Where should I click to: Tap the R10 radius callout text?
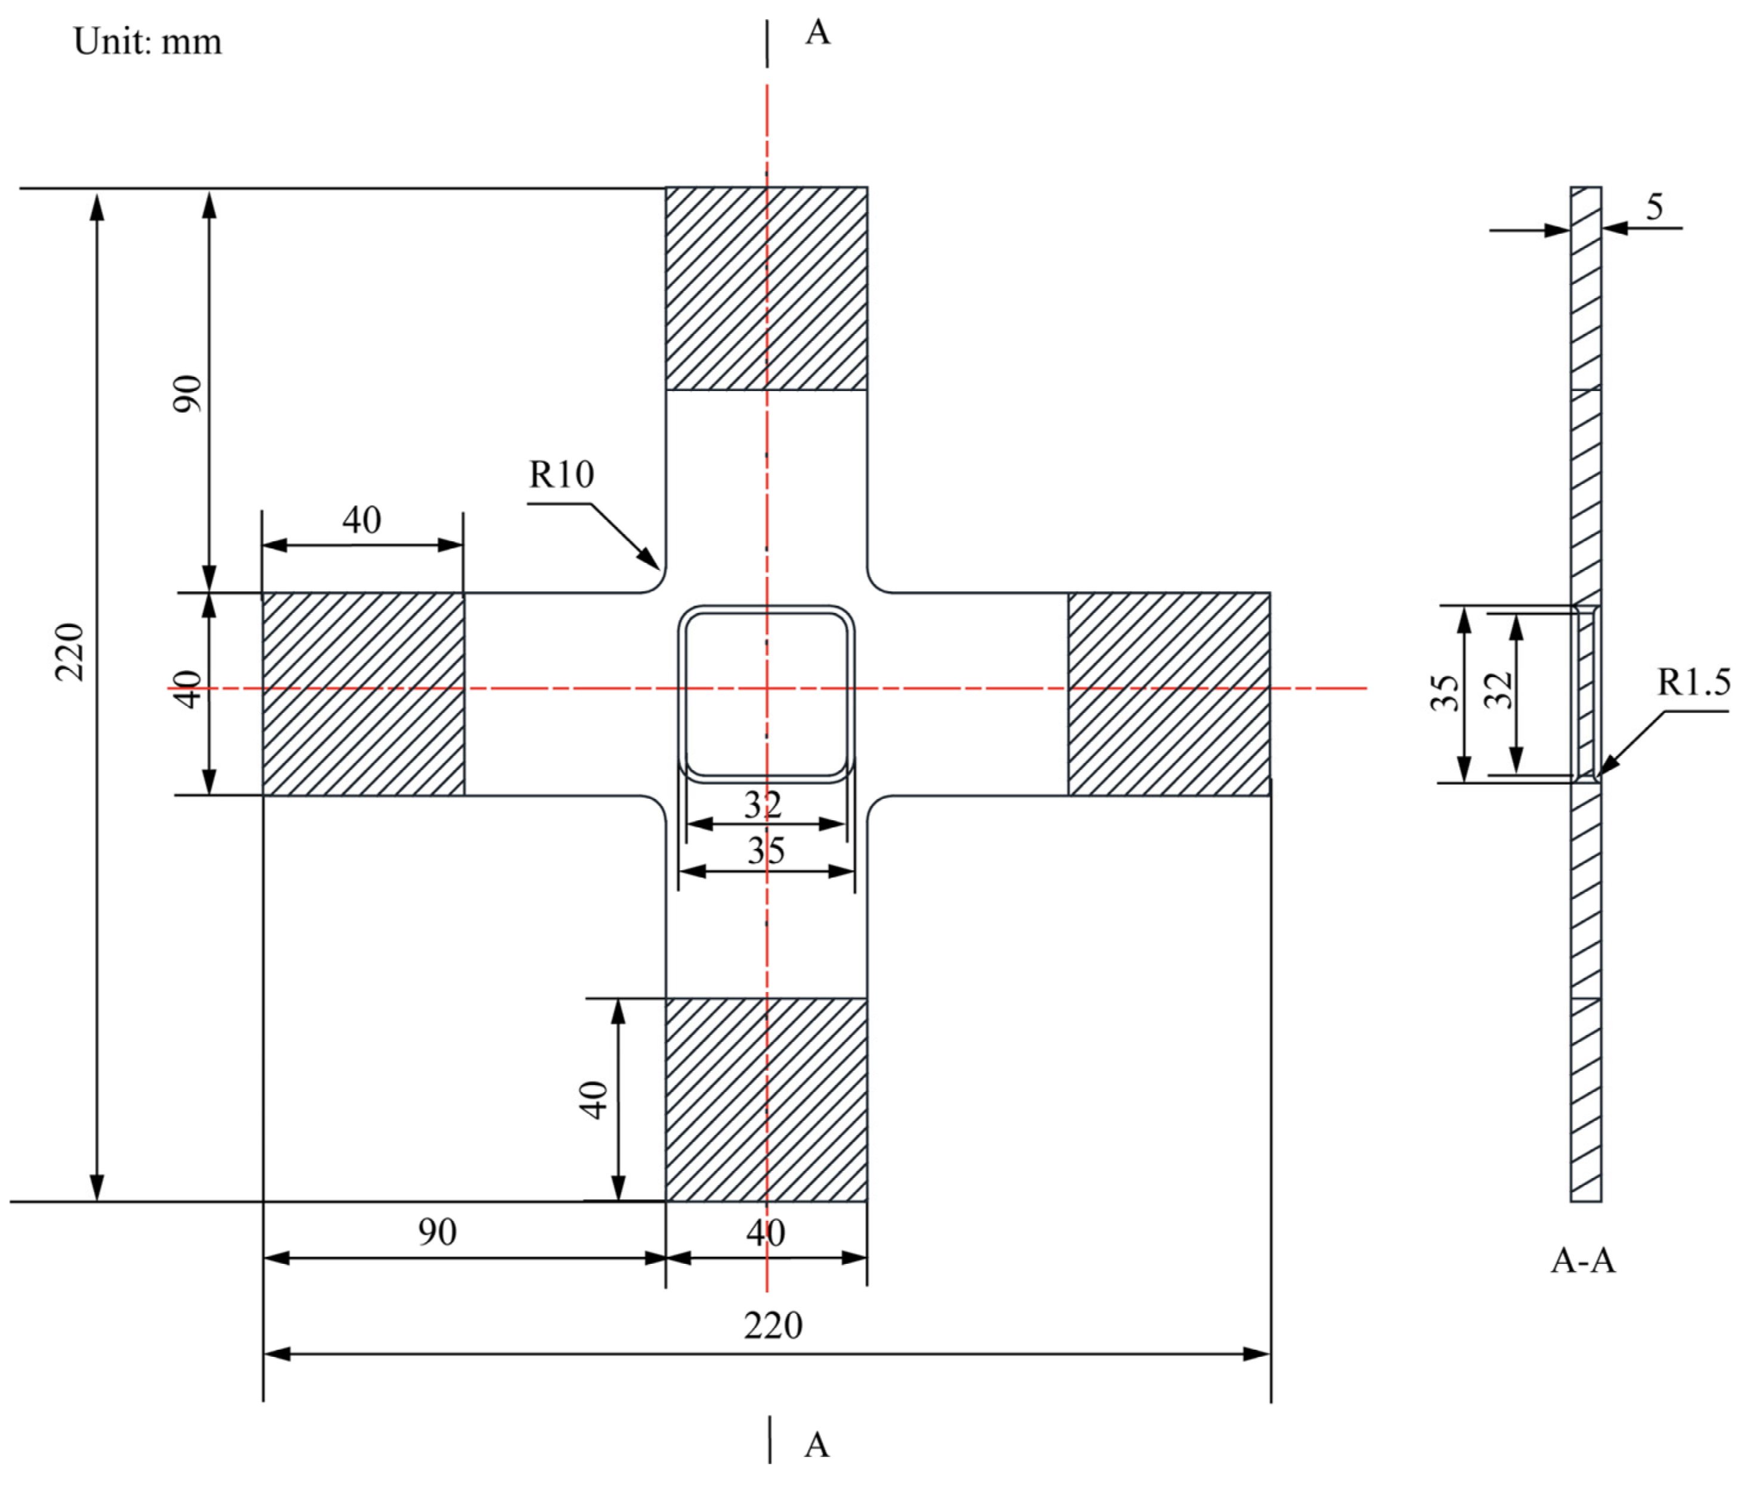pyautogui.click(x=561, y=475)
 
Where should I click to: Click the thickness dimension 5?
pyautogui.click(x=1654, y=207)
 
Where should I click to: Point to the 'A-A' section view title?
pyautogui.click(x=1583, y=1261)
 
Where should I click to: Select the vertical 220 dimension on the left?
pyautogui.click(x=70, y=652)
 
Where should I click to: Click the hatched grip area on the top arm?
pyautogui.click(x=766, y=289)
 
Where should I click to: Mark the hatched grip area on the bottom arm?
pyautogui.click(x=766, y=1100)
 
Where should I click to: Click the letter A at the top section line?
pyautogui.click(x=817, y=33)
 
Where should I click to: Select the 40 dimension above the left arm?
pyautogui.click(x=362, y=520)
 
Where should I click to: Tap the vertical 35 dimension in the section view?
pyautogui.click(x=1445, y=693)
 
